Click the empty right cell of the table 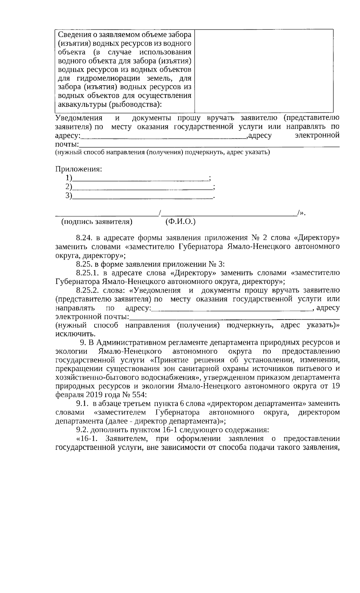264,71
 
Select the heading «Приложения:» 79,169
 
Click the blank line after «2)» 142,188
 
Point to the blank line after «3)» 142,197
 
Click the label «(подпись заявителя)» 97,222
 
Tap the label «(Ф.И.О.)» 180,222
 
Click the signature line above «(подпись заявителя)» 107,214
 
